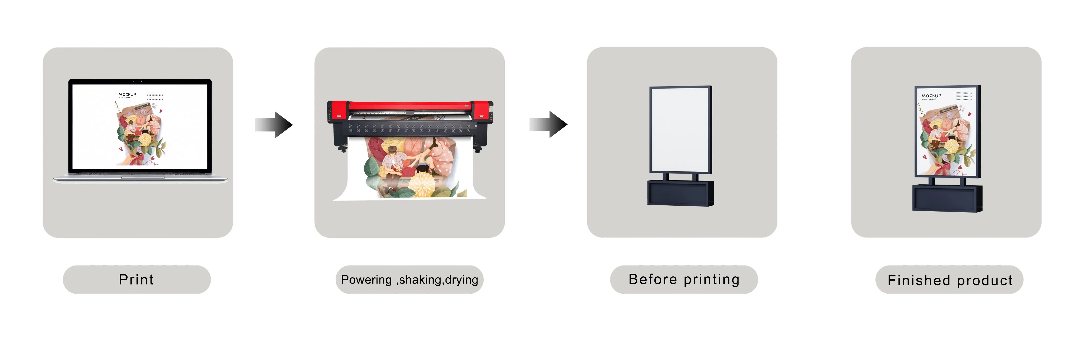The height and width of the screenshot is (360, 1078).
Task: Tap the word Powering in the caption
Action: pyautogui.click(x=366, y=280)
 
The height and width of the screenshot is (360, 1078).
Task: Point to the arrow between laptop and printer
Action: pyautogui.click(x=274, y=124)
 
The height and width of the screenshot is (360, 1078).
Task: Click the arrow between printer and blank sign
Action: pyautogui.click(x=549, y=124)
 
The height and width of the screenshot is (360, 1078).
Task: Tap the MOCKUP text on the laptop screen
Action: pyautogui.click(x=127, y=95)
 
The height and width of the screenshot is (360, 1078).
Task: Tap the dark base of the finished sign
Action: pyautogui.click(x=947, y=198)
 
